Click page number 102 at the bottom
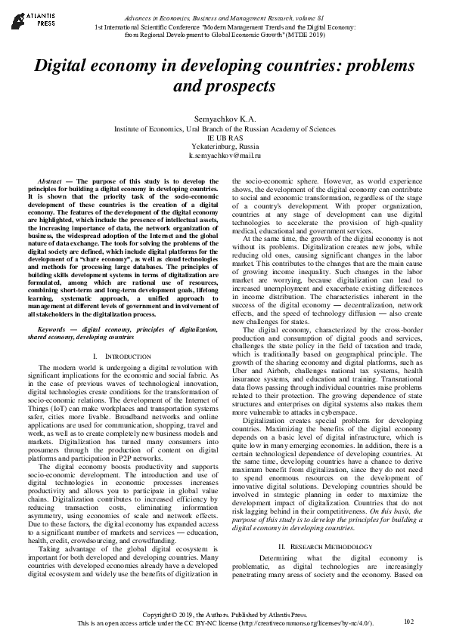click(409, 622)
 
